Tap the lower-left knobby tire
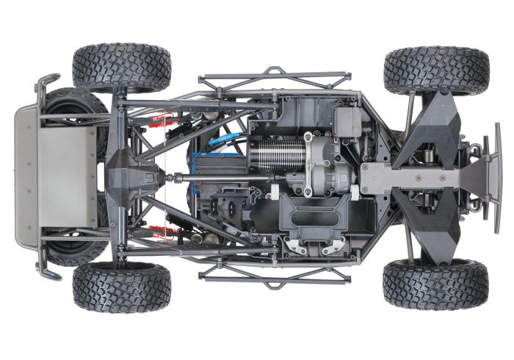tap(121, 287)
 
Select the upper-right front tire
tap(436, 71)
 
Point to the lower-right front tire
tap(435, 284)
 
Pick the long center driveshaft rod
tap(220, 177)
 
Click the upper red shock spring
tap(163, 120)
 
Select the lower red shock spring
tap(163, 232)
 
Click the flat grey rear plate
tap(66, 176)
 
